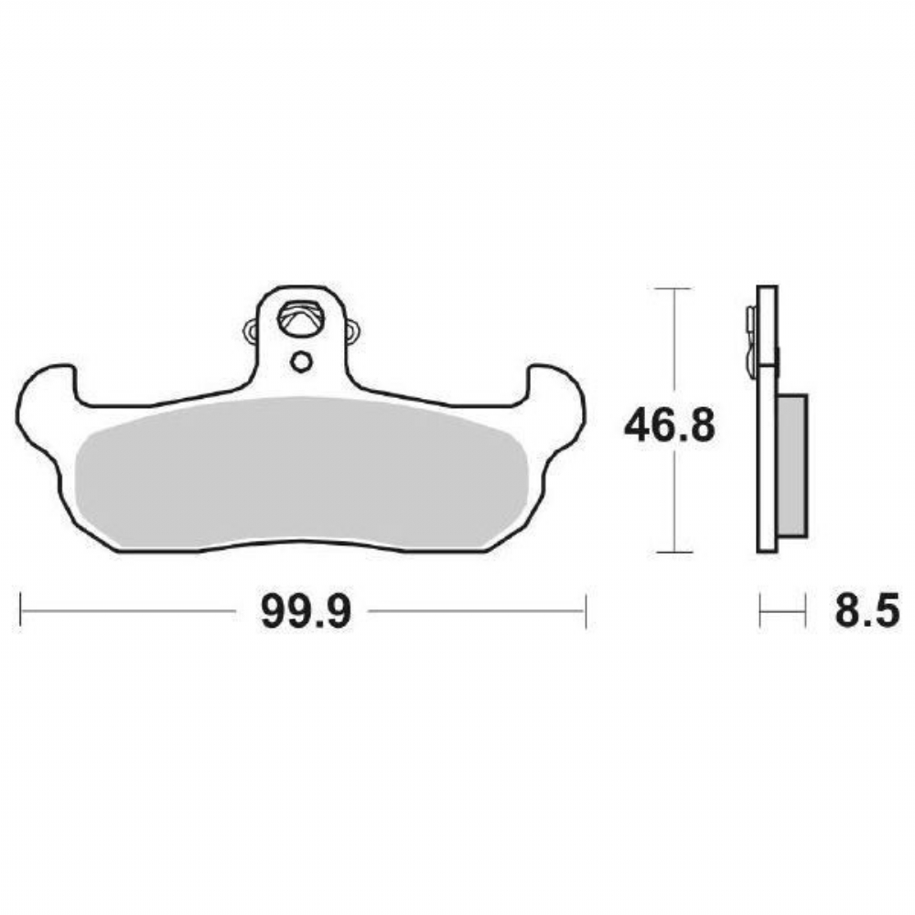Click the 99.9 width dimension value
pos(306,611)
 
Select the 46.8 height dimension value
pos(669,425)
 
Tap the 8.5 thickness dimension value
pos(867,611)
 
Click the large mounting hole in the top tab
pos(301,318)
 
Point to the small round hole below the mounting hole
pos(301,362)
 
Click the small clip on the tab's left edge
pos(251,330)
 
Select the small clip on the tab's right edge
pos(352,330)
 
